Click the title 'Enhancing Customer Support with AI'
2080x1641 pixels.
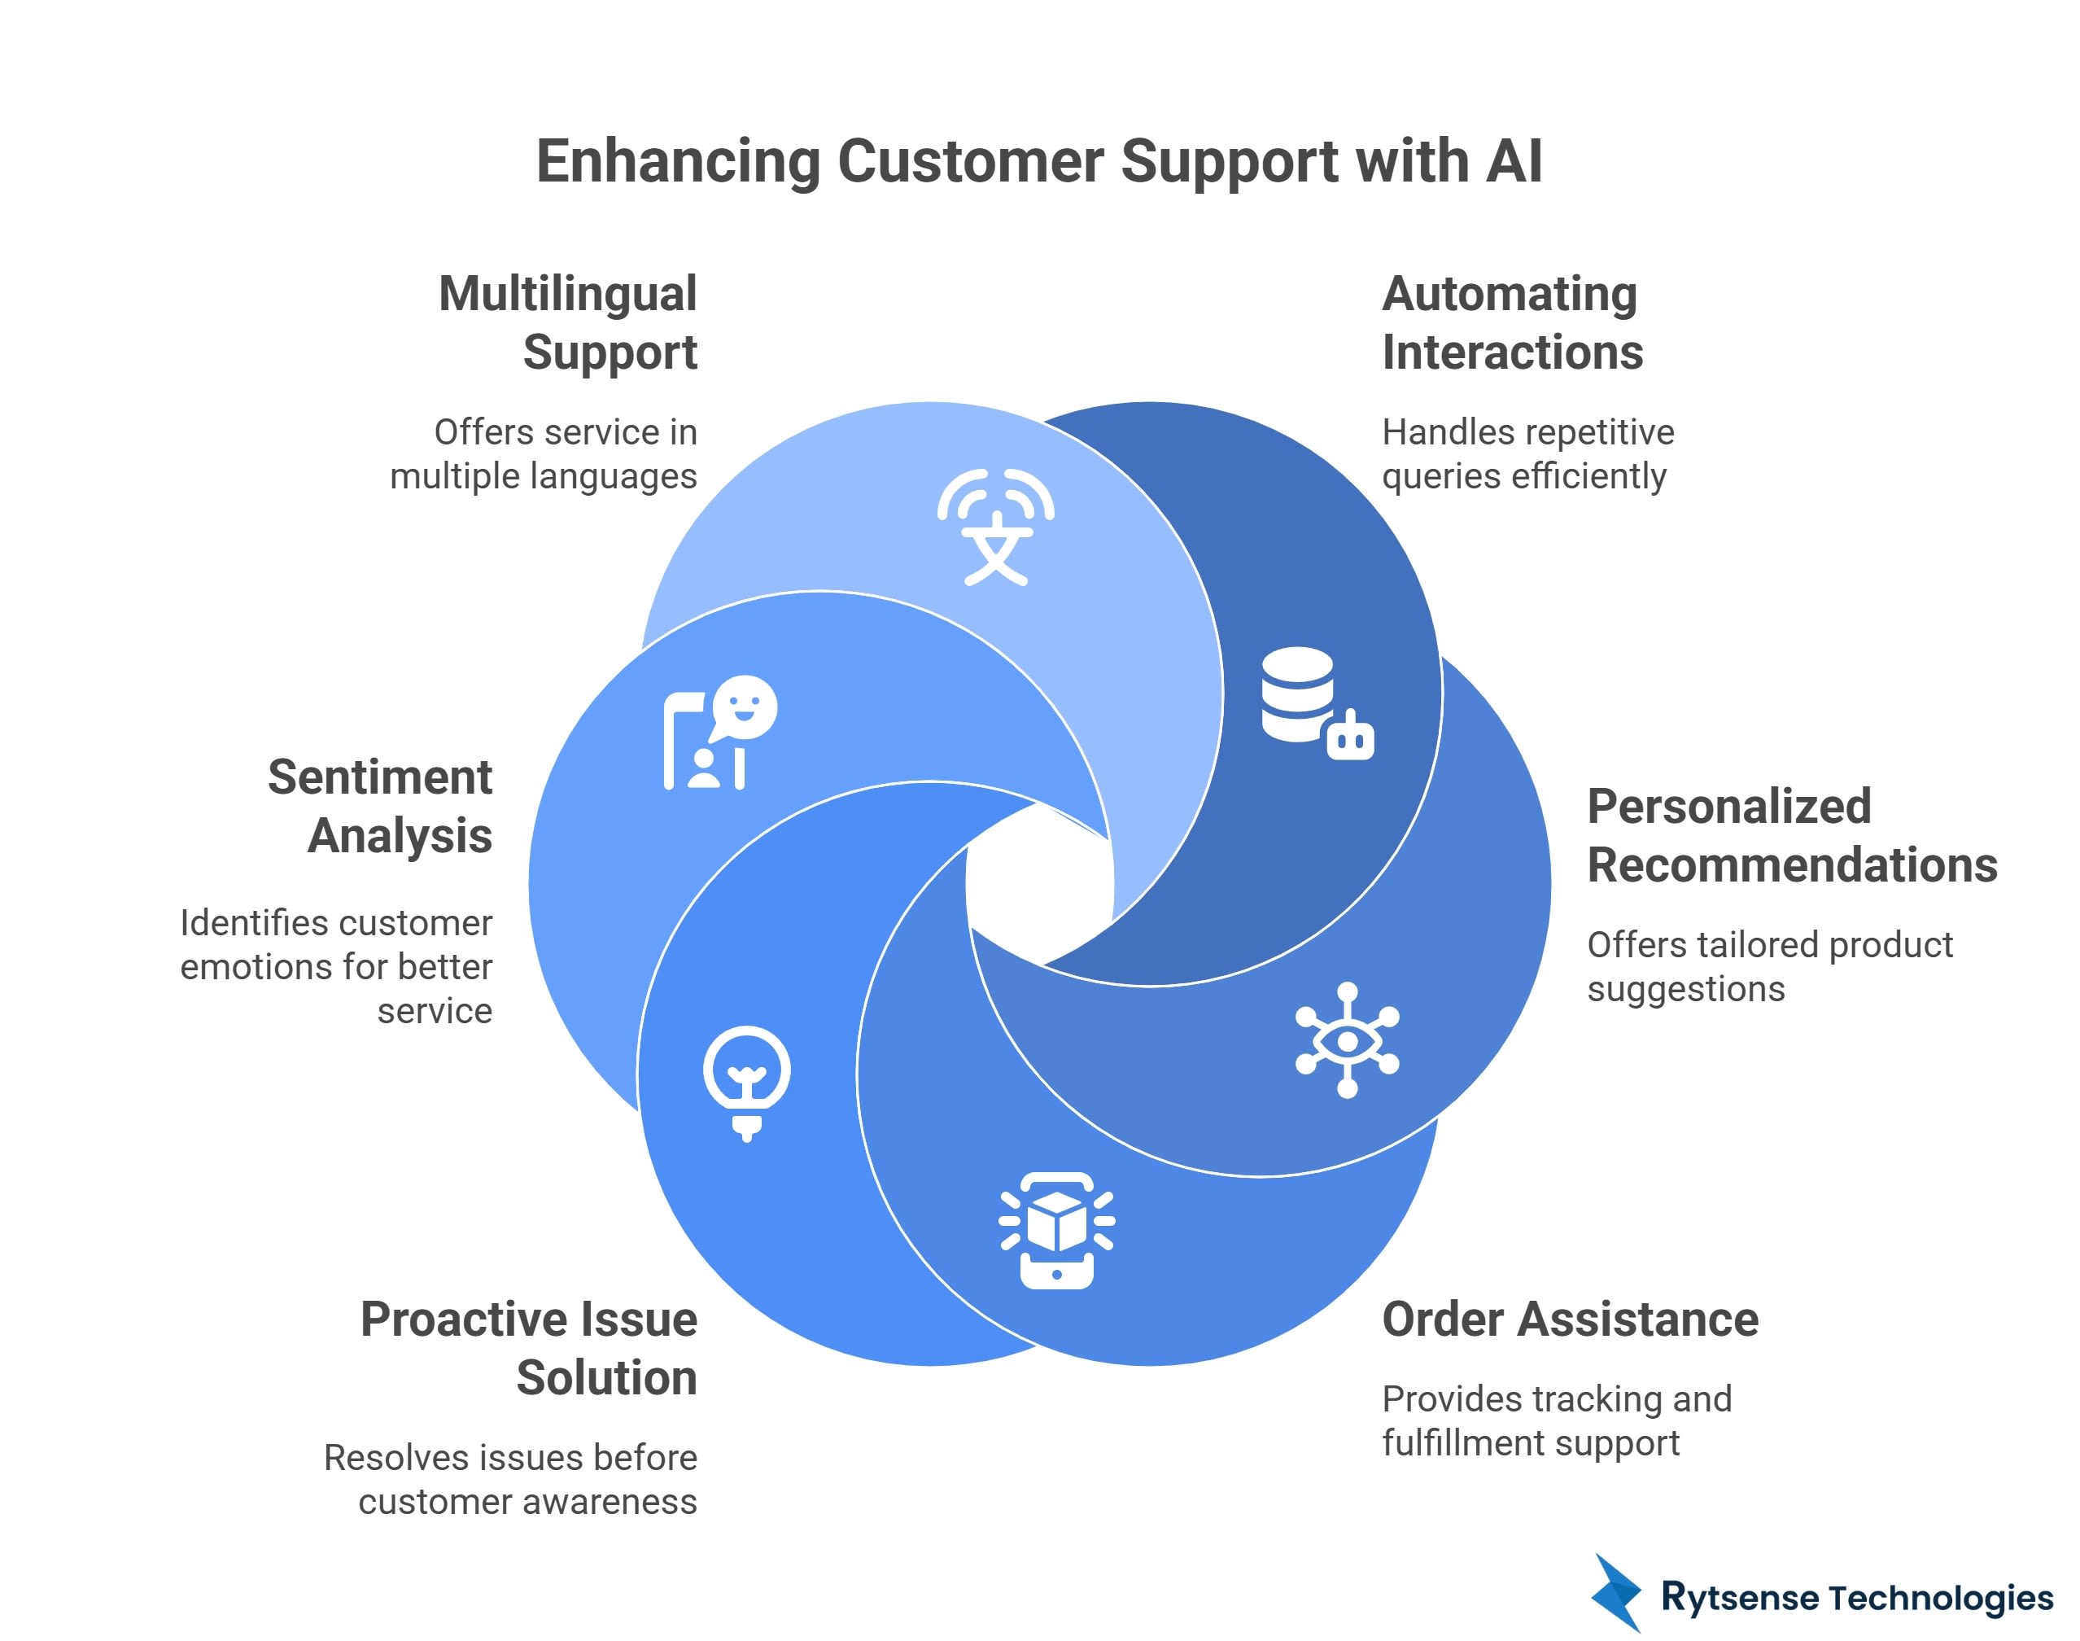(1039, 160)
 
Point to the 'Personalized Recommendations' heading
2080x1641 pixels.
(1791, 836)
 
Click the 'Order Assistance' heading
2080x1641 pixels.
(1569, 1319)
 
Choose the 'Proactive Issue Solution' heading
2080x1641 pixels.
(529, 1348)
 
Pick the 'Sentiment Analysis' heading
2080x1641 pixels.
(381, 806)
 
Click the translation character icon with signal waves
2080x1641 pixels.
(996, 527)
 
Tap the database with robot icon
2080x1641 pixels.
(1316, 703)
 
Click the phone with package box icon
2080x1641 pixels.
(1056, 1230)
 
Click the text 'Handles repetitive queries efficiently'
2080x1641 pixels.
(1527, 454)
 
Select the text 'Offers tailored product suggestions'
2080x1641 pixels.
(1769, 966)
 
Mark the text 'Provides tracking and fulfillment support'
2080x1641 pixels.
(1556, 1421)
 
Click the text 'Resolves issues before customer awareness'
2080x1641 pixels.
(511, 1480)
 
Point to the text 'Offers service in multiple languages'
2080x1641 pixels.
(544, 454)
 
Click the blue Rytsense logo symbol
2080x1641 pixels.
(1617, 1592)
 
